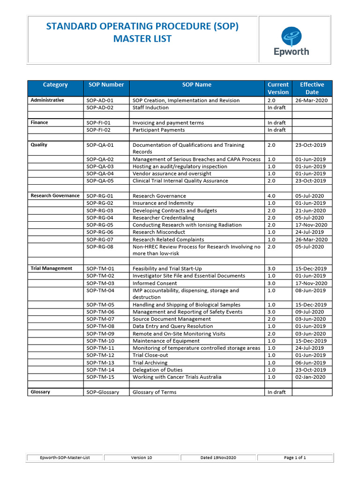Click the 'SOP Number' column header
coord(106,85)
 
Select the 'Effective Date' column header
coord(312,88)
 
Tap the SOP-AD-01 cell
coord(100,100)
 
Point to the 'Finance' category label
coord(39,122)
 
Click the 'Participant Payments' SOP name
coord(158,130)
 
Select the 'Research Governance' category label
coord(55,195)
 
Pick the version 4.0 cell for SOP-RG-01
coord(271,196)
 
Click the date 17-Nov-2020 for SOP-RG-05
coord(311,225)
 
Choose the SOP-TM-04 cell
coord(100,291)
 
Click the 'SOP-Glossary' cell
coord(103,392)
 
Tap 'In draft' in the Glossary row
coord(277,392)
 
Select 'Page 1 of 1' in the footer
coord(295,457)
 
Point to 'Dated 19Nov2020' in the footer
coord(218,457)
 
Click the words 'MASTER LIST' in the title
coord(142,38)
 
